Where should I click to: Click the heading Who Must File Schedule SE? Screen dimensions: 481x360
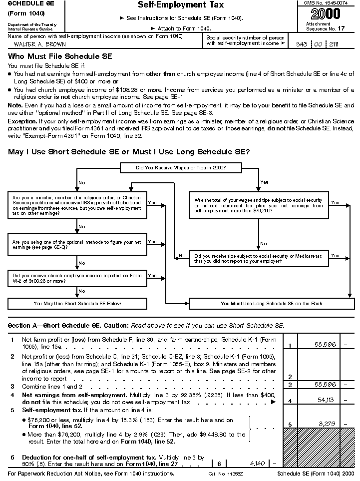[x=60, y=56]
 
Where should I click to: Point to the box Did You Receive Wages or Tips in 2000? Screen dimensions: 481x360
[x=181, y=168]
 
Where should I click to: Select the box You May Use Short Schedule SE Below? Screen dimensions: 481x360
[x=77, y=303]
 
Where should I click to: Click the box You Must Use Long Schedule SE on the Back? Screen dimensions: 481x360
[x=272, y=303]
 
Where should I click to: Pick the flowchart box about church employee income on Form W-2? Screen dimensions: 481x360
[x=77, y=278]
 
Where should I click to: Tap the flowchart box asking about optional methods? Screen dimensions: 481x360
[x=77, y=244]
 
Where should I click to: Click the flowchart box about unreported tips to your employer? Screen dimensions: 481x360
[x=258, y=258]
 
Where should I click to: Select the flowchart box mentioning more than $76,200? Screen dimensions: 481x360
[x=258, y=205]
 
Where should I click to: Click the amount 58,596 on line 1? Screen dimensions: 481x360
[x=325, y=345]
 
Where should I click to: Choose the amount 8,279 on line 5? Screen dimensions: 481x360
[x=329, y=424]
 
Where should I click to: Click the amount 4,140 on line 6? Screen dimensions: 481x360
[x=257, y=464]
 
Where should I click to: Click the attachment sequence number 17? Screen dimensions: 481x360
[x=341, y=29]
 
